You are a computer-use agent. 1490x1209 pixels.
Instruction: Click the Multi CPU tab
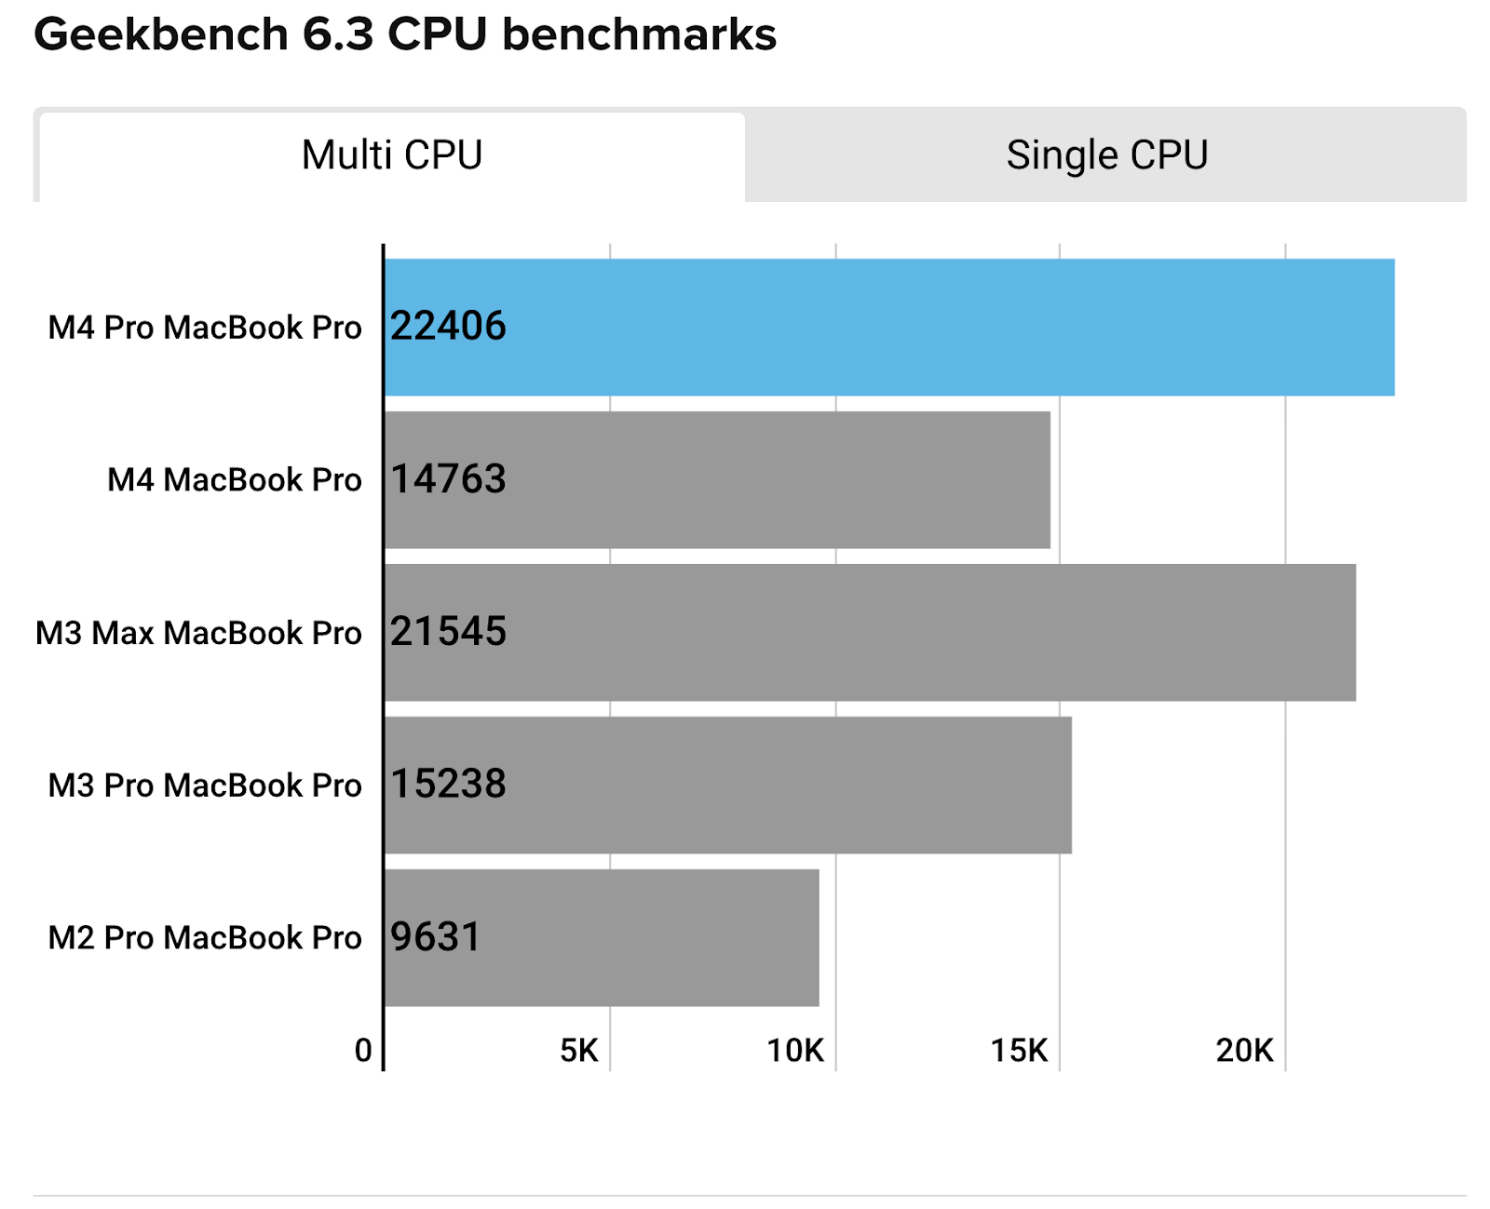coord(391,155)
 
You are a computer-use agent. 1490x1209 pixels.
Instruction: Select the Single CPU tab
coord(1106,155)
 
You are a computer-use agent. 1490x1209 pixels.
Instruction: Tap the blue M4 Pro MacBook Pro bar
coord(889,328)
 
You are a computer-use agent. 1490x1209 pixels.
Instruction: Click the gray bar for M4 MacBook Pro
coord(717,480)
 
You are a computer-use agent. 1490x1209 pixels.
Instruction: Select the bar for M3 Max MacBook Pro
coord(870,633)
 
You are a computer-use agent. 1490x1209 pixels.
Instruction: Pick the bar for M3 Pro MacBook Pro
coord(727,785)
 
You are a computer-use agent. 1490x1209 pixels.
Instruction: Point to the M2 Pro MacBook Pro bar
coord(602,937)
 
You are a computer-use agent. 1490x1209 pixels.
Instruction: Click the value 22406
coord(448,327)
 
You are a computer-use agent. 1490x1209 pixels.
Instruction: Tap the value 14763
coord(448,479)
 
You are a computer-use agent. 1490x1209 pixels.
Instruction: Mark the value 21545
coord(448,632)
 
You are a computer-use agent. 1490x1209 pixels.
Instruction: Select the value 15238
coord(448,785)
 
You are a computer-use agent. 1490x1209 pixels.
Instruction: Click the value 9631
coord(435,937)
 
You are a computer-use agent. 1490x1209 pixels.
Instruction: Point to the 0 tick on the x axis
coord(363,1051)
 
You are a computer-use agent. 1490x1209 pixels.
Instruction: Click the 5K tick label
coord(579,1051)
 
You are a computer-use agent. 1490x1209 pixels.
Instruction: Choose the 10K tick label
coord(795,1051)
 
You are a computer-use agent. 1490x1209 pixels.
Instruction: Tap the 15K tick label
coord(1019,1051)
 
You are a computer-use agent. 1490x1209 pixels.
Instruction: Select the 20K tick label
coord(1244,1051)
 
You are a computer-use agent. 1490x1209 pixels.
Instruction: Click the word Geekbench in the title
coord(161,35)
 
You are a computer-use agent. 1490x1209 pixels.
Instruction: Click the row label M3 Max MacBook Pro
coord(198,633)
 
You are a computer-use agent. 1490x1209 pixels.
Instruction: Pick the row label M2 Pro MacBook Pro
coord(204,937)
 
